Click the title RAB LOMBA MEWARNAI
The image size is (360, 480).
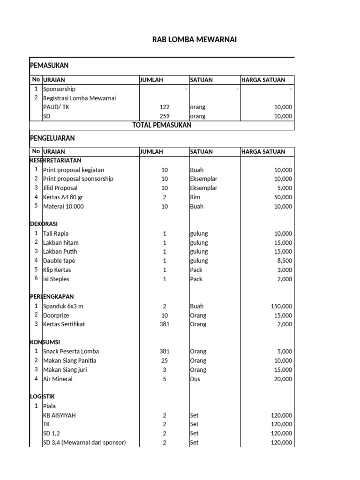[195, 40]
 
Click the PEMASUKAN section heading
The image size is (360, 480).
[49, 66]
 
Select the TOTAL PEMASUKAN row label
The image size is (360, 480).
[162, 125]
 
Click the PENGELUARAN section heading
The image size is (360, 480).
[52, 138]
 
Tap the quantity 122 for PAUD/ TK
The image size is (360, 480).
[164, 107]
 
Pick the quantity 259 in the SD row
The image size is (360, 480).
[164, 116]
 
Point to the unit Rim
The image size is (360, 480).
[195, 197]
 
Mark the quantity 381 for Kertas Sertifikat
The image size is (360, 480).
[164, 324]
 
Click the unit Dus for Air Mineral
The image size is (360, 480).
[195, 379]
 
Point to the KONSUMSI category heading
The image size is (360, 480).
[45, 342]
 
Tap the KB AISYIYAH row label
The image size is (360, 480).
[59, 415]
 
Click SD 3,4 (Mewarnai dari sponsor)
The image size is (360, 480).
[84, 442]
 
